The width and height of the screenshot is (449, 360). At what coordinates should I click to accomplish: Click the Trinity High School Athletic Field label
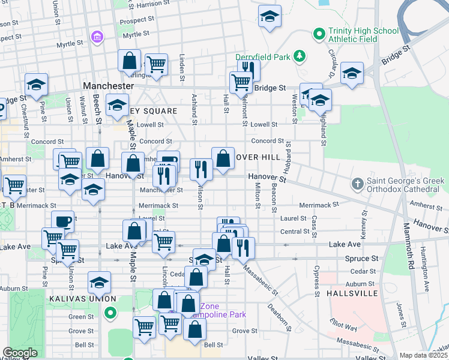tap(363, 35)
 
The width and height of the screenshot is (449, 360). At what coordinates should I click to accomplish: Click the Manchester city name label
tap(108, 86)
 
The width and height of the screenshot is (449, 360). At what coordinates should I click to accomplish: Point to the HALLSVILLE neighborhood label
tap(352, 293)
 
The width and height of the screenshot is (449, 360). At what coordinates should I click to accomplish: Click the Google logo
tap(20, 353)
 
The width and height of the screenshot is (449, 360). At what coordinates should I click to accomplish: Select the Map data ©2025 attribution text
tap(424, 355)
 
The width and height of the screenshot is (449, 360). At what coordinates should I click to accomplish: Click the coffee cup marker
tap(63, 221)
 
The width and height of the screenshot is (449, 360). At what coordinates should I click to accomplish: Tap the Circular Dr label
tap(331, 64)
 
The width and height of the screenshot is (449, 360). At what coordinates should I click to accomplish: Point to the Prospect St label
tap(133, 20)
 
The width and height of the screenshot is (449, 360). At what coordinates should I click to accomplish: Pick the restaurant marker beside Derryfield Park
tap(249, 70)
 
